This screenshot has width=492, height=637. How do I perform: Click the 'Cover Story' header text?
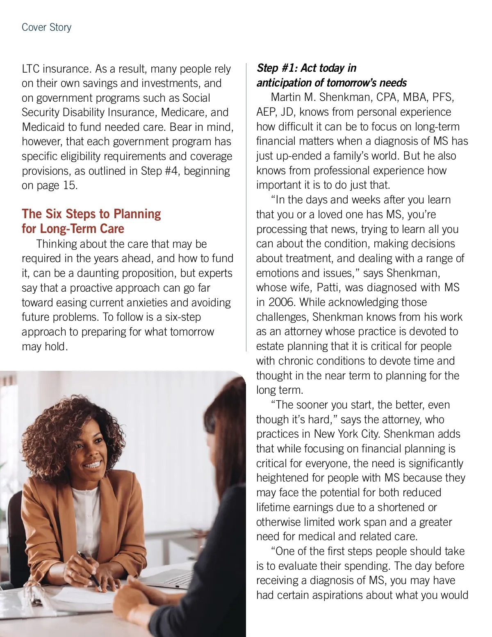46,27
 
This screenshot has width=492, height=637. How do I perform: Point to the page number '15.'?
70,185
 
